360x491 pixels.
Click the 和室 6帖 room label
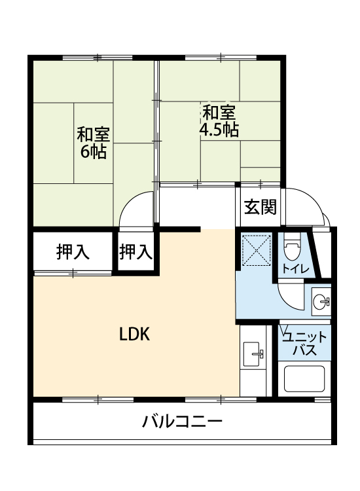coord(94,143)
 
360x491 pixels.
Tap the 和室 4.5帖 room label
coord(219,121)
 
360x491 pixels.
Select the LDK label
coord(135,334)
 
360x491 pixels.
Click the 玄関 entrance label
coord(260,207)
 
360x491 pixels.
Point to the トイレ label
coord(295,268)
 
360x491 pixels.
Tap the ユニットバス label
coord(304,344)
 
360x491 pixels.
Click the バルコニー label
coord(182,421)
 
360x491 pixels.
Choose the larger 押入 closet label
coord(73,252)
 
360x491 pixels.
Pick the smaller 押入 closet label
coord(136,252)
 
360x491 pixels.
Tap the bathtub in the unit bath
coord(304,378)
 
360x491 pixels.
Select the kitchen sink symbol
coord(252,354)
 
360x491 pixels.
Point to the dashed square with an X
coord(257,250)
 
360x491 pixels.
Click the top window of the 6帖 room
coord(98,58)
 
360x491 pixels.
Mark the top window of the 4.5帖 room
coord(221,58)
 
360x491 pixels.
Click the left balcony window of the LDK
coord(98,399)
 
